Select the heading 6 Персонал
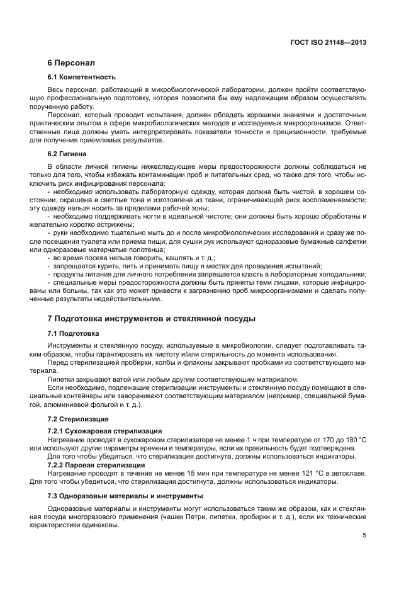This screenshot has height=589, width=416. tap(70, 64)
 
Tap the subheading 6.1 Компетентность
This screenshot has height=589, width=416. tap(81, 77)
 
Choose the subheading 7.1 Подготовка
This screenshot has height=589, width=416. tap(73, 333)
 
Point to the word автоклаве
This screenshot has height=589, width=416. tap(349, 473)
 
